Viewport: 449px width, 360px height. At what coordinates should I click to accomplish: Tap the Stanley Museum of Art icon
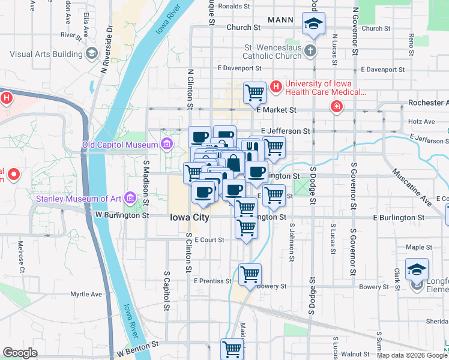128,198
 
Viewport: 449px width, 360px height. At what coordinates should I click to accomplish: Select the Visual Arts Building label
46,54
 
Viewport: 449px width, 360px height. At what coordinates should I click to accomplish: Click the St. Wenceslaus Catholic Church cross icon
310,50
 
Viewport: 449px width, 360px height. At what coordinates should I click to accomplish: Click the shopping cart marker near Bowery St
250,274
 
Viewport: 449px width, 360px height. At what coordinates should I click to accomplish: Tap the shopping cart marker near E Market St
255,92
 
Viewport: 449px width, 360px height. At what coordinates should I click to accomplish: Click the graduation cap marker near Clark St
417,268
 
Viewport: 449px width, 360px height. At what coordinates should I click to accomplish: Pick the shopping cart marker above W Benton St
232,349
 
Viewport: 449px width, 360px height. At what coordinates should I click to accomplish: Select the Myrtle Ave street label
86,294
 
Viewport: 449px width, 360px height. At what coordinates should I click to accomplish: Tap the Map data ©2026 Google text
411,355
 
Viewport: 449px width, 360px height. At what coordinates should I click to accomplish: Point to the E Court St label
209,239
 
